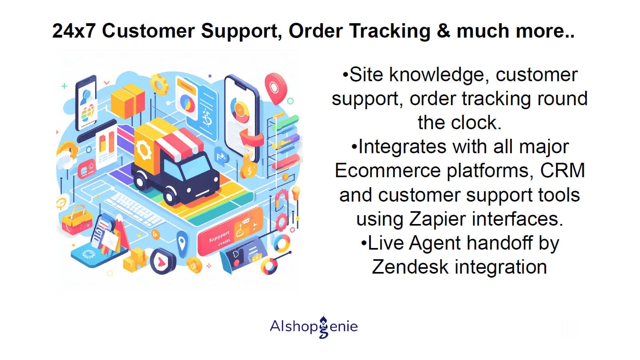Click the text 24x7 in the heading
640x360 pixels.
pos(74,31)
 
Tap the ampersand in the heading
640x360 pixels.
pos(444,31)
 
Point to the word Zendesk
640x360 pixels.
pos(410,267)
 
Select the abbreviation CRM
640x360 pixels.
pos(562,170)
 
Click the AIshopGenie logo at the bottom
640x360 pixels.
pos(314,327)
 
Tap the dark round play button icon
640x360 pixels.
pos(162,262)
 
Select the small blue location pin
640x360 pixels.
pos(182,242)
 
